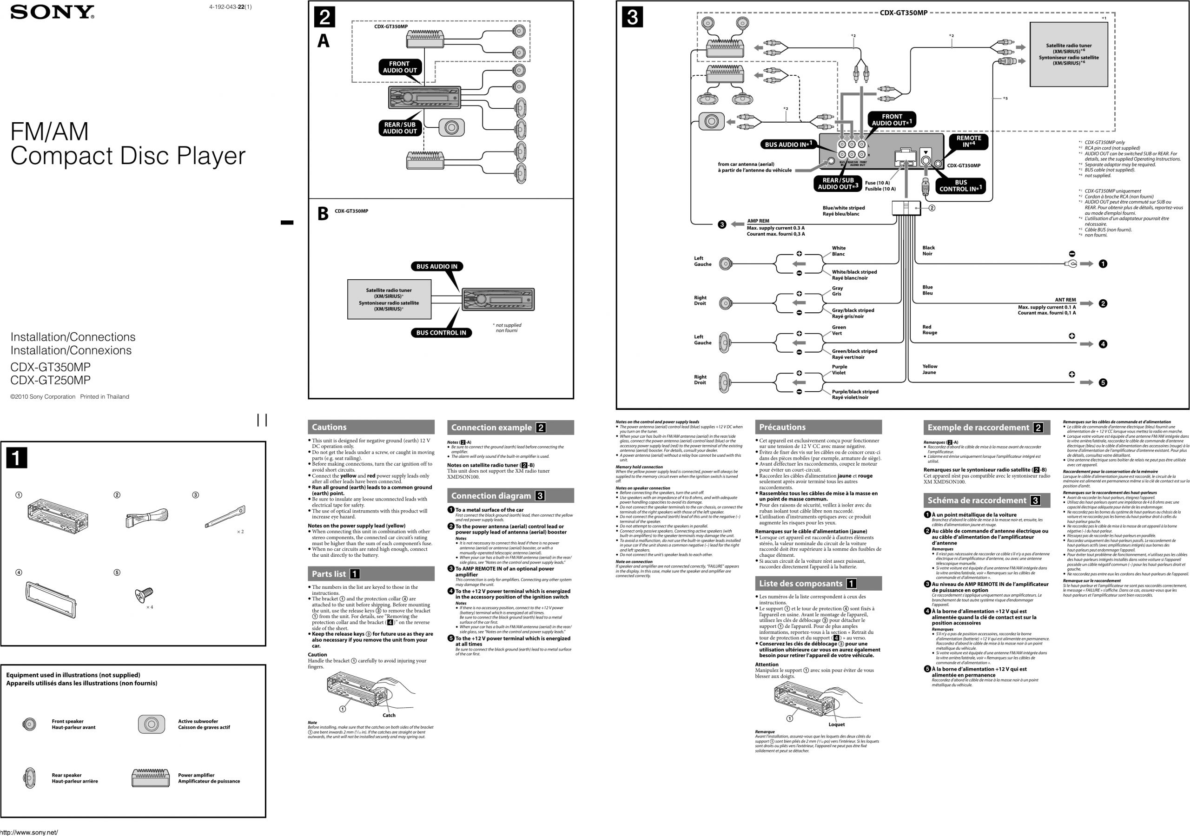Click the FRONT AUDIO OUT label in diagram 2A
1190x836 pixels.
(399, 67)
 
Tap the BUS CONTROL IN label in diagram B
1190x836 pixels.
(441, 333)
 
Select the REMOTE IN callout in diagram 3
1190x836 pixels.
(968, 141)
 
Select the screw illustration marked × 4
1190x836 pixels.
(143, 594)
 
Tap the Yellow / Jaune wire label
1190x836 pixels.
(929, 369)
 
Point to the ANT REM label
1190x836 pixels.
(1065, 300)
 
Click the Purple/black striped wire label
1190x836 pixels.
(855, 392)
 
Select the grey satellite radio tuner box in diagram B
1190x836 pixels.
(389, 300)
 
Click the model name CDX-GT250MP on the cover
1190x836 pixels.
(50, 380)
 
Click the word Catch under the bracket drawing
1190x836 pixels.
(389, 715)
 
